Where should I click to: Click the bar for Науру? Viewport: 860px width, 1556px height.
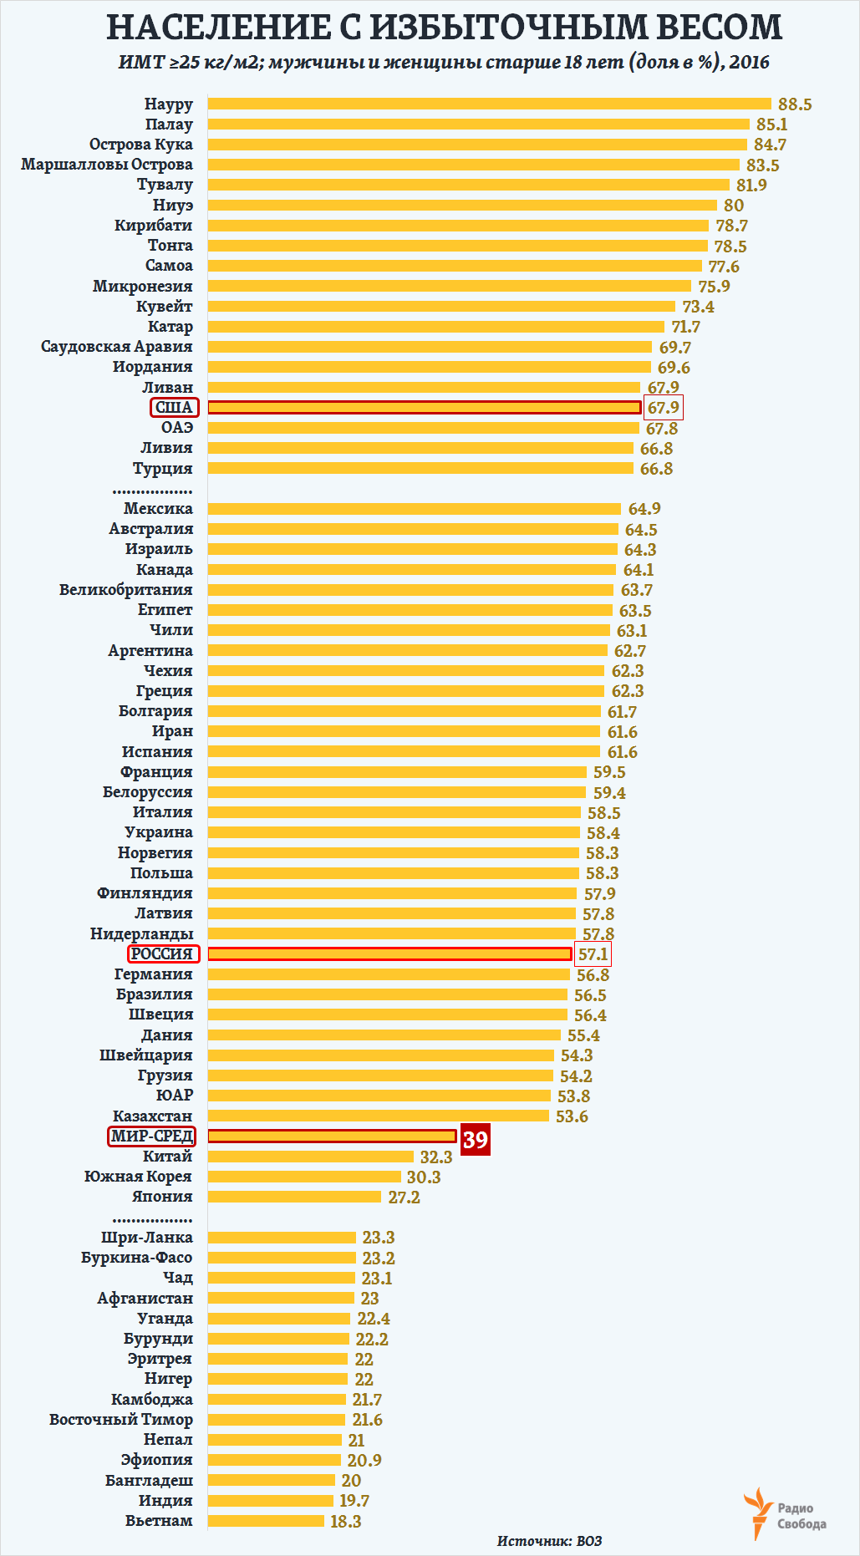[489, 104]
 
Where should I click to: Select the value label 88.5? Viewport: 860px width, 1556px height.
[794, 104]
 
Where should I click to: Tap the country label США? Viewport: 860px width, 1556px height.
[175, 408]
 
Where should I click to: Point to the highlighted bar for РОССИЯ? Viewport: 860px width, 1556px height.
[389, 953]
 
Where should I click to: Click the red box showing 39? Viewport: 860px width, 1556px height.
[476, 1139]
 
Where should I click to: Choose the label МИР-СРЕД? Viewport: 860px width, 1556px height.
[152, 1136]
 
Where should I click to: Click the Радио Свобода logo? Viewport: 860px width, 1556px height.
[784, 1513]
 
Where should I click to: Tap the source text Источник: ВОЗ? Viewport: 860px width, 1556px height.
[549, 1540]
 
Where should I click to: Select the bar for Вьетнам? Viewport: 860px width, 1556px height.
[266, 1521]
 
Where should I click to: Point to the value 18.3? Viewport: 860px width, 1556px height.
[345, 1522]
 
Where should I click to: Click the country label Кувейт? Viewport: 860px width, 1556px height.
[164, 307]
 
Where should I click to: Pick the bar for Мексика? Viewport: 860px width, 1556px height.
[415, 509]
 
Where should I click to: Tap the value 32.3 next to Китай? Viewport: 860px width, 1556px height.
[435, 1157]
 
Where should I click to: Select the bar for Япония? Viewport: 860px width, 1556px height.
[294, 1197]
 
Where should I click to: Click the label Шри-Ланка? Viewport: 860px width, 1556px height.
[146, 1238]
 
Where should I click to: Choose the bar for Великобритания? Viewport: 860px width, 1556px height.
[410, 590]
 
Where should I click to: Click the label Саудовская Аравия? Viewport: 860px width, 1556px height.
[116, 347]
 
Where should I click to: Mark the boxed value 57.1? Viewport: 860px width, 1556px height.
[593, 954]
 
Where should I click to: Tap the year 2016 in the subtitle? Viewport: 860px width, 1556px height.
[749, 62]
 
